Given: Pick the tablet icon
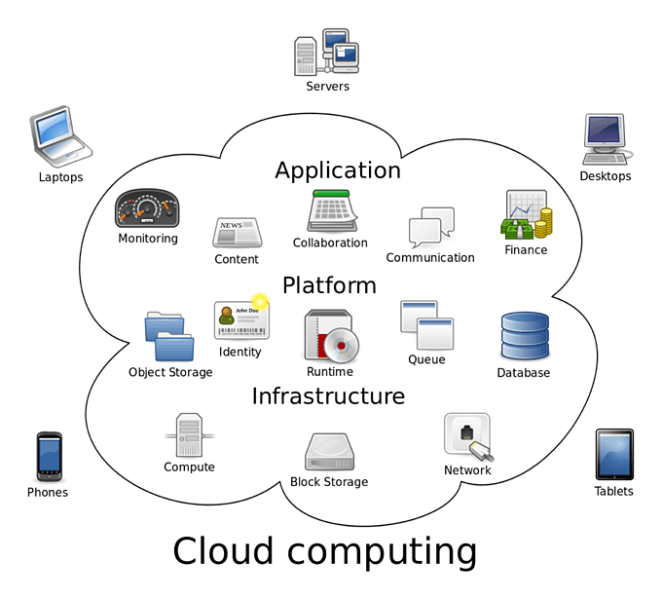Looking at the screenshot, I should [613, 454].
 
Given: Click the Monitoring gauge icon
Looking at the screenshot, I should [147, 207].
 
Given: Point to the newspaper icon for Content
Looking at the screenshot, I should [237, 234].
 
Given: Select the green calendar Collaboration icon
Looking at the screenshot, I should [330, 211].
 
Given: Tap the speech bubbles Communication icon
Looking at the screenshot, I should [430, 228].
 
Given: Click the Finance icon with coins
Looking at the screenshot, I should [527, 215].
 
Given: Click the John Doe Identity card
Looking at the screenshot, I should [240, 320].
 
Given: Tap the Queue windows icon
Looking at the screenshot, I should [425, 325].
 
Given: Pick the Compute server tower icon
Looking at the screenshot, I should [189, 434].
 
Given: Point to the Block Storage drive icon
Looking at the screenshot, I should [329, 452].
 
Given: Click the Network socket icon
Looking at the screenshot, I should [467, 436].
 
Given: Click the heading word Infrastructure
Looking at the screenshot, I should [328, 396].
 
